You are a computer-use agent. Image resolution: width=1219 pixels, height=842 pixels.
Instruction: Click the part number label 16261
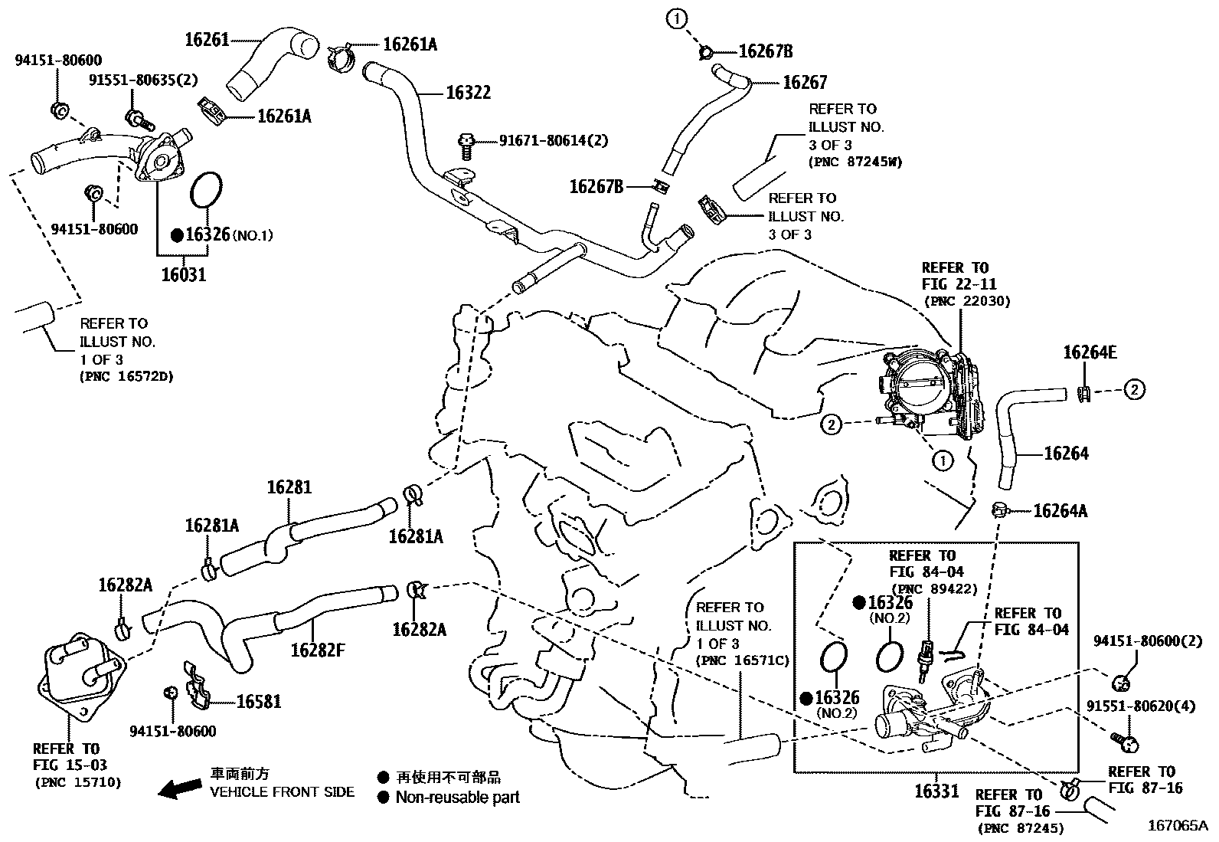coord(207,39)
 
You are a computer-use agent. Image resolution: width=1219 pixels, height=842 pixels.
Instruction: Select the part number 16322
coord(468,93)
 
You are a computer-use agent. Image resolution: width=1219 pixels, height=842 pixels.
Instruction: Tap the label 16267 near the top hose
coord(805,82)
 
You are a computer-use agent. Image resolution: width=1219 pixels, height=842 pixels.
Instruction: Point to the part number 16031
coord(183,274)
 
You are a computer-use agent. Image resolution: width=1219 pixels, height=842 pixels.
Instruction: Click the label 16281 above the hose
coord(289,487)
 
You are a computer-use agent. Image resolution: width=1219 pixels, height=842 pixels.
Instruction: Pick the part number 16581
coord(258,701)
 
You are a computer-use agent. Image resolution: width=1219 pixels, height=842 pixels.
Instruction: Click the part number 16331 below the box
coord(936,790)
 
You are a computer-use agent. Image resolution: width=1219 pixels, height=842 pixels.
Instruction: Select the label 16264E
coord(1090,352)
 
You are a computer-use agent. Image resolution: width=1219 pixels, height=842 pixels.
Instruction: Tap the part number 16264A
coord(1060,511)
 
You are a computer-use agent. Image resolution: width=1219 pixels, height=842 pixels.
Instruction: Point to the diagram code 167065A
coord(1176,825)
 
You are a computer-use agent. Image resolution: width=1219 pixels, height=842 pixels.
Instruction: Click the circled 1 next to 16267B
coord(677,18)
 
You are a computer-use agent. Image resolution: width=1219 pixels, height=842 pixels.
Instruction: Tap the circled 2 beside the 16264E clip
coord(1134,390)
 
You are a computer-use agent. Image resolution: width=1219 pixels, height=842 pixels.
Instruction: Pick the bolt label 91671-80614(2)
coord(554,140)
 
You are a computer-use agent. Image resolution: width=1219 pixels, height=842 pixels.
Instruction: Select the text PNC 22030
coord(967,301)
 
